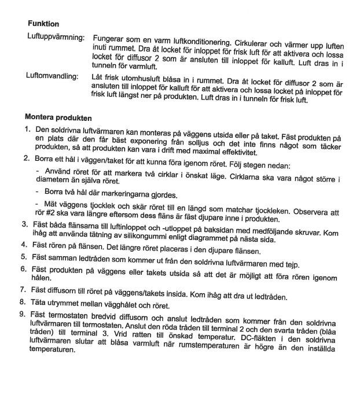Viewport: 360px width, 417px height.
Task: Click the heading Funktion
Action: [x=43, y=24]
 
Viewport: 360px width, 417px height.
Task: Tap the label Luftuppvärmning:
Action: [x=56, y=37]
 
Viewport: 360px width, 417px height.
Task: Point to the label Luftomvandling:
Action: [x=53, y=76]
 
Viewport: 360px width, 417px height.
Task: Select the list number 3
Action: [x=25, y=224]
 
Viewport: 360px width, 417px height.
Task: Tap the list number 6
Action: [x=24, y=270]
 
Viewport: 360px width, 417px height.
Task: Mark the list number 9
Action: [x=24, y=314]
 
